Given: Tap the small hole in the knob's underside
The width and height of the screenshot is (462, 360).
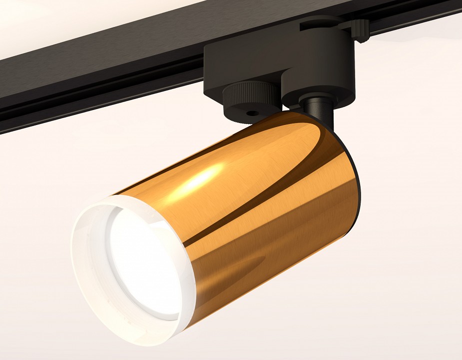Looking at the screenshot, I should tap(252, 113).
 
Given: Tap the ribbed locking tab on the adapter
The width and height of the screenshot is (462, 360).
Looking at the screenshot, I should tap(360, 29).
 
